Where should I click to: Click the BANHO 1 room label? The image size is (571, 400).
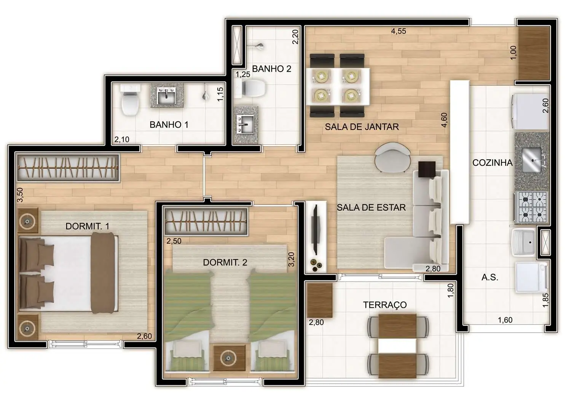tap(169, 125)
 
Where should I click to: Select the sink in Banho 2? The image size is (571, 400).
tap(245, 124)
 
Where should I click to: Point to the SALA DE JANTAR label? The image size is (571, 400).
tap(362, 127)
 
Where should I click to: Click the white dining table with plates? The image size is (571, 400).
tap(338, 86)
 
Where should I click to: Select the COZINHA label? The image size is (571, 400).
tap(492, 163)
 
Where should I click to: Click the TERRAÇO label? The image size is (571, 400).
tap(384, 305)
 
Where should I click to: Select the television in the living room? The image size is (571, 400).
tap(315, 230)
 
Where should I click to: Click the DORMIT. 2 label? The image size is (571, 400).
tap(225, 262)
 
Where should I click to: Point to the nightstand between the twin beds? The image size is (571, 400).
tap(229, 358)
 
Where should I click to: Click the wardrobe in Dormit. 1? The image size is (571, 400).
tap(68, 168)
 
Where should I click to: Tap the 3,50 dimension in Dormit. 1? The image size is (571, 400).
tap(20, 195)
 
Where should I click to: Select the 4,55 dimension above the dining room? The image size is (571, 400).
tap(399, 31)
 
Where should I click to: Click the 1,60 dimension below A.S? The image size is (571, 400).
tap(505, 320)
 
